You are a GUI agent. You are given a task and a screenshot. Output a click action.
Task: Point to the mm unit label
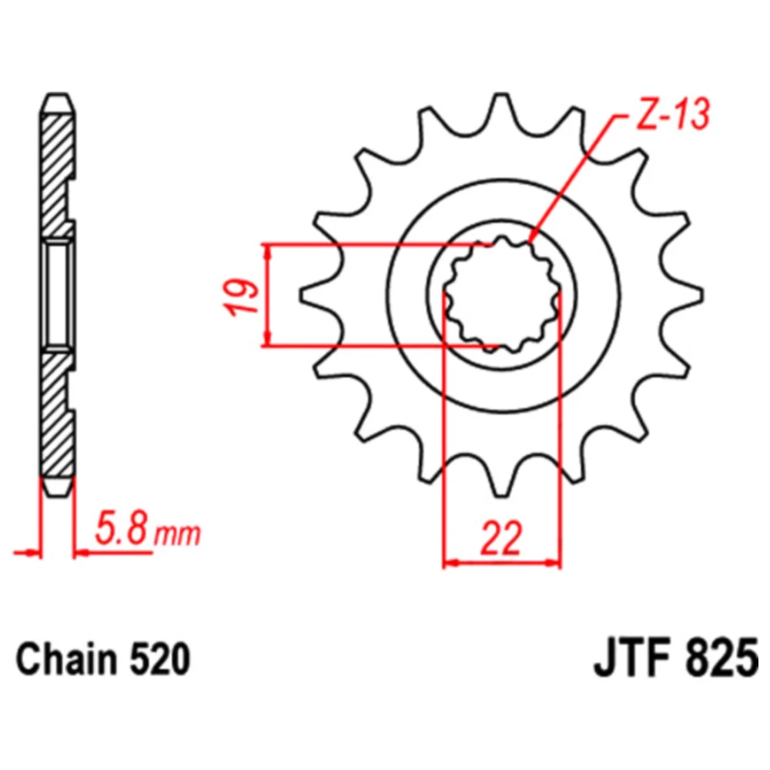click(177, 535)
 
